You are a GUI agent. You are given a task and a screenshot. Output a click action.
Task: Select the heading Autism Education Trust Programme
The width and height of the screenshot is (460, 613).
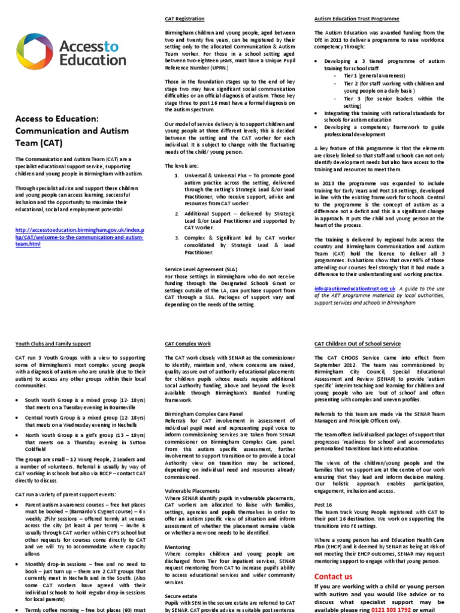(x=356, y=19)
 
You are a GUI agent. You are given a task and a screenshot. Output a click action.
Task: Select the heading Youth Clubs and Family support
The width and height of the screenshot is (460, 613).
(x=53, y=344)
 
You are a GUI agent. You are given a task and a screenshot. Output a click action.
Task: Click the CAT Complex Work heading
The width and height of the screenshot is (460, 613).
(x=187, y=344)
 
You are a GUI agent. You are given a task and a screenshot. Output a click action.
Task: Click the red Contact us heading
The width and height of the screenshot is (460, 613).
(x=334, y=576)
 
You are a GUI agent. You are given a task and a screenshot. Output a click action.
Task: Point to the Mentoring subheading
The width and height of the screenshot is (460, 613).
(x=177, y=547)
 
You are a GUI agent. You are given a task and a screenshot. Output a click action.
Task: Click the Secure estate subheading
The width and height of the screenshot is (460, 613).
(x=181, y=596)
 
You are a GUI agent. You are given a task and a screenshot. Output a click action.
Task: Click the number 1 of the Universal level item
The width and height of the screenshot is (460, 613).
(x=176, y=175)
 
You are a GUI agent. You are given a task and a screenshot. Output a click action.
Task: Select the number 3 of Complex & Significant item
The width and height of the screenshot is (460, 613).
(x=176, y=238)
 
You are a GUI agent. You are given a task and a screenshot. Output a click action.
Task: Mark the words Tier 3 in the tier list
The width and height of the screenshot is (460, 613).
(x=352, y=98)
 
